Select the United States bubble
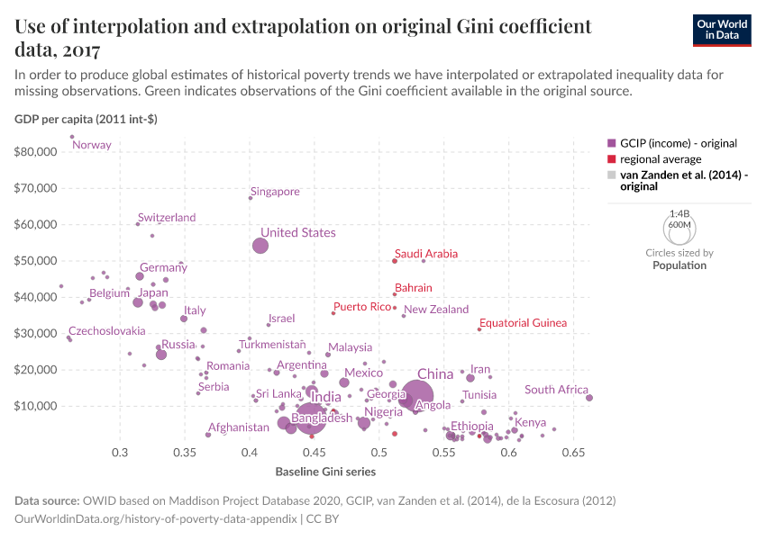coord(260,246)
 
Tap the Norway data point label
coord(92,145)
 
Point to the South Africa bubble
coord(589,398)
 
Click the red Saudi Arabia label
coord(427,255)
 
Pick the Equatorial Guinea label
coord(523,323)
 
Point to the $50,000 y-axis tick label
coord(36,261)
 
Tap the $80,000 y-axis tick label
coord(36,152)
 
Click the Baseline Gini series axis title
coord(325,472)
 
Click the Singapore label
coord(275,192)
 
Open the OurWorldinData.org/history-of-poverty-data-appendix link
coord(155,519)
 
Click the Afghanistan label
coord(239,427)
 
